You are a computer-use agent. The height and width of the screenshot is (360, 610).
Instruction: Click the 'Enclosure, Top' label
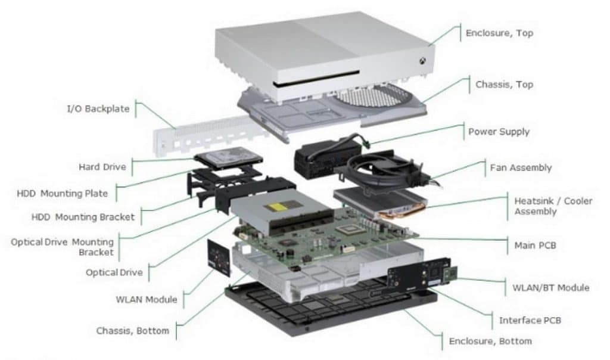[x=499, y=33]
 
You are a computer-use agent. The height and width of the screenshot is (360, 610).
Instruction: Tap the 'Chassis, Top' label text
[x=504, y=85]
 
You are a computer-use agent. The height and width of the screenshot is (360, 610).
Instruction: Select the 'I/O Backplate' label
[x=98, y=109]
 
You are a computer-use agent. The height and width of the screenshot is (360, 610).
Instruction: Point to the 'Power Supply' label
[x=499, y=132]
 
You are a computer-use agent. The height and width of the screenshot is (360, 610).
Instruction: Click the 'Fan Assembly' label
[x=521, y=168]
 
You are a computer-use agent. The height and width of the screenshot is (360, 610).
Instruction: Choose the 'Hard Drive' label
[x=102, y=167]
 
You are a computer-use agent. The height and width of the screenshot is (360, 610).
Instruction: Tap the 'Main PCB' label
[x=535, y=245]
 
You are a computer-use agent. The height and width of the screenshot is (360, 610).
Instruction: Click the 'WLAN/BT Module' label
[x=551, y=287]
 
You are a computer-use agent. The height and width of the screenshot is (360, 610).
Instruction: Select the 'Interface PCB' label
[x=530, y=321]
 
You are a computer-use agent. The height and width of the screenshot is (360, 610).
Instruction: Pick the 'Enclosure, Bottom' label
[x=490, y=341]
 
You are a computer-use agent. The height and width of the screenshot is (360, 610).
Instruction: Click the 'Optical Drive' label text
[x=114, y=272]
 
